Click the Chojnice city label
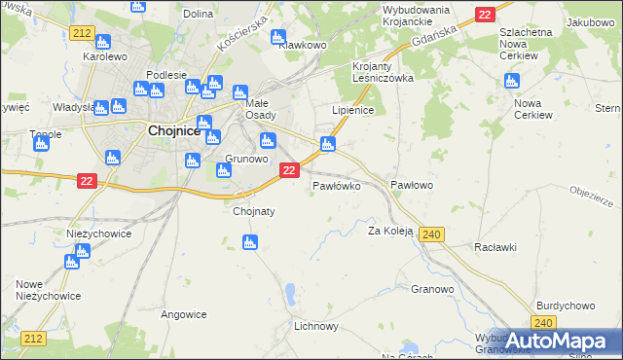(174, 130)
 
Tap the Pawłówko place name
(337, 184)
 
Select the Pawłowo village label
(412, 184)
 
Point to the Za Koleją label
(390, 231)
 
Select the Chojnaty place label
(254, 210)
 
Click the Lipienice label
(353, 111)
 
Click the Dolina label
(198, 14)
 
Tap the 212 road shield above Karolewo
(81, 32)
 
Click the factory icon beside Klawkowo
(280, 37)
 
